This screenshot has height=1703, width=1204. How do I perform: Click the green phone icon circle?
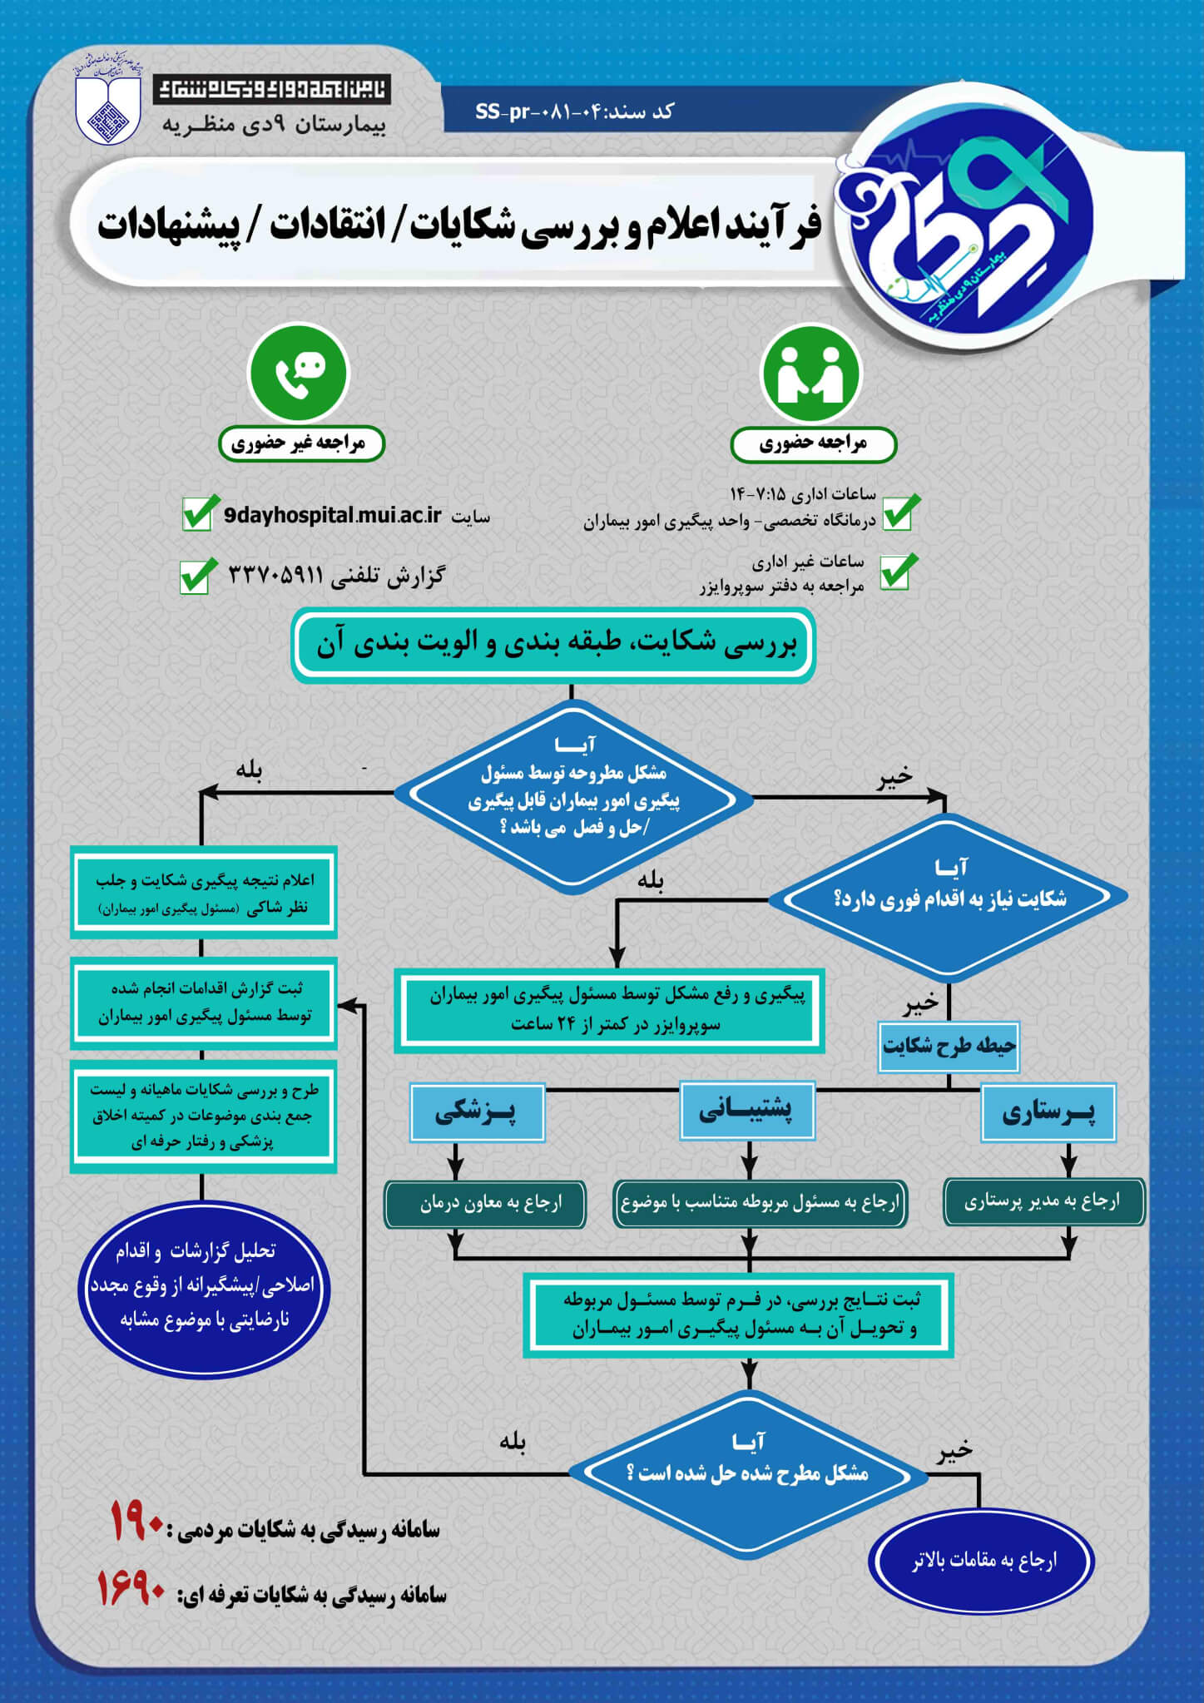(x=299, y=372)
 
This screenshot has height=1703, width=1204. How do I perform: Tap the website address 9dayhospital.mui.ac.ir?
(x=332, y=516)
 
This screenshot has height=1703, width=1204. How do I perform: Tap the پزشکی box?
(x=477, y=1112)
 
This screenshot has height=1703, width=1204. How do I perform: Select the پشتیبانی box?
(x=746, y=1110)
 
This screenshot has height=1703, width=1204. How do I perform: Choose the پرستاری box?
(x=1048, y=1112)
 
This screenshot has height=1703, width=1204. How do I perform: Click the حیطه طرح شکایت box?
(x=949, y=1047)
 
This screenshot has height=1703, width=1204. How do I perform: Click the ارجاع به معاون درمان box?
(x=485, y=1203)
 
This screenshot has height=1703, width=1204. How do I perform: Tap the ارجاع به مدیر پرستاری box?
(x=1043, y=1201)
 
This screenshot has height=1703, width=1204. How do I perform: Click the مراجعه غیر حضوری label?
(x=301, y=443)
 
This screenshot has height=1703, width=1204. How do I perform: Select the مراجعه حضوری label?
(x=813, y=443)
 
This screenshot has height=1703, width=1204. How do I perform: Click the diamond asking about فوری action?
(x=948, y=896)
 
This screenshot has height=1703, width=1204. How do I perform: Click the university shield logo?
(x=108, y=108)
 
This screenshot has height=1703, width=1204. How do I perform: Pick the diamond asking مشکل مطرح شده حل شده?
(x=748, y=1473)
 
